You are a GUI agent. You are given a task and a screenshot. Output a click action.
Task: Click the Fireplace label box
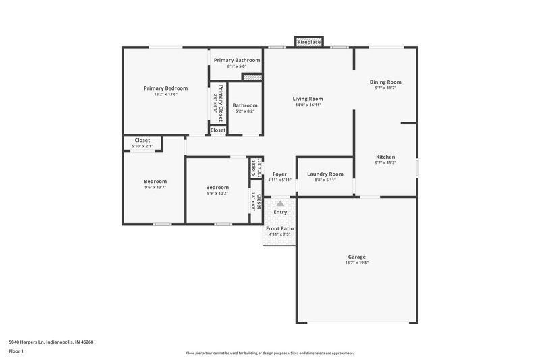[310, 42]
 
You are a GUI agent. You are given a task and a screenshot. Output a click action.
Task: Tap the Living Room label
[308, 99]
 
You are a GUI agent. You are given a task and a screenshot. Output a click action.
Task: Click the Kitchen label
[385, 157]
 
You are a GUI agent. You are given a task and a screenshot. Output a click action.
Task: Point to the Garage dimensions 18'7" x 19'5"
[356, 263]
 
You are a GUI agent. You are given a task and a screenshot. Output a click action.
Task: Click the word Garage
[356, 257]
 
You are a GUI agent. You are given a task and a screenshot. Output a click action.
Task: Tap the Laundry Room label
[325, 174]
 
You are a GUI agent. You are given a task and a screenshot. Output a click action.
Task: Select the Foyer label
[279, 174]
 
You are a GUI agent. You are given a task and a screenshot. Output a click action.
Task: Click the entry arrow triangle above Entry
[279, 203]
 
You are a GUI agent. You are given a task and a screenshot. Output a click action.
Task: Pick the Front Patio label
[279, 228]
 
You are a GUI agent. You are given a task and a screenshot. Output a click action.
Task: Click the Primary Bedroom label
[165, 88]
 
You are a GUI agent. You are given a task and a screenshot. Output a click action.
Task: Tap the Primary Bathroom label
[237, 60]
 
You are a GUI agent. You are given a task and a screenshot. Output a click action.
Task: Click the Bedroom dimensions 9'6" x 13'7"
[155, 187]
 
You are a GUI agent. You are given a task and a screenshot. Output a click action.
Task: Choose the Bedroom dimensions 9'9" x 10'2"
[217, 193]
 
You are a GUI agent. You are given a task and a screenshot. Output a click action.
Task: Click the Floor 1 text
[17, 351]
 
